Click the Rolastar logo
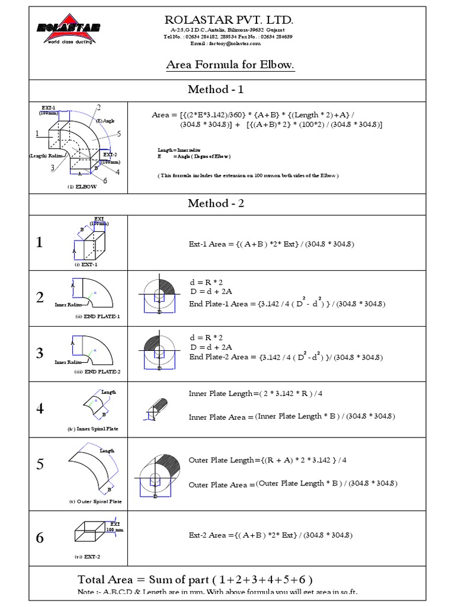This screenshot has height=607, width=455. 69,29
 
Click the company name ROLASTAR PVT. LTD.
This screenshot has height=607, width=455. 229,21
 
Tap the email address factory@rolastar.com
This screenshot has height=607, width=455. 225,44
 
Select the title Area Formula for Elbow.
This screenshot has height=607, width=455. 230,65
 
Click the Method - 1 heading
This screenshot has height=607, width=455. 216,90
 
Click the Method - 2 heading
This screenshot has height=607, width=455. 216,203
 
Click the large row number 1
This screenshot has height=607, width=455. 39,242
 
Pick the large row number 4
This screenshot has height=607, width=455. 39,409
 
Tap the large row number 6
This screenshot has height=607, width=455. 39,538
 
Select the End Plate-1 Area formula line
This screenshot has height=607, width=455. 287,304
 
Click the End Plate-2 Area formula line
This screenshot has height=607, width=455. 286,357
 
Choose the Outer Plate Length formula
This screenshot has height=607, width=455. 268,460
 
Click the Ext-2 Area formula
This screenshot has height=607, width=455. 271,535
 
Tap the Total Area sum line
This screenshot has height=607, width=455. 196,579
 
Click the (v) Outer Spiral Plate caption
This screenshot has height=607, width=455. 95,501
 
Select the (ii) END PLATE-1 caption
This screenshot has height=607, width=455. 97,317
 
